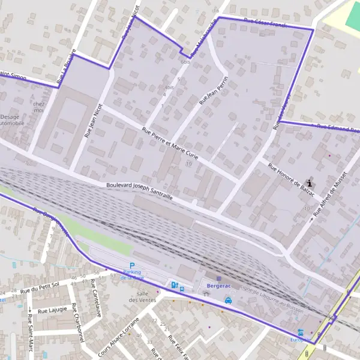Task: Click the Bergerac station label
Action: pos(218,286)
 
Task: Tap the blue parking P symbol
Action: pos(132,266)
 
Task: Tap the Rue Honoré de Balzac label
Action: pos(291,178)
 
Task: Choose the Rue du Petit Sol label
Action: pos(39,288)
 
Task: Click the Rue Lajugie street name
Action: pos(52,310)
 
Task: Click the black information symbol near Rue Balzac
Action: pos(310,182)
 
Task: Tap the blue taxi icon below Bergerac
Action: pos(228,301)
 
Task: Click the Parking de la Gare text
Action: pos(131,275)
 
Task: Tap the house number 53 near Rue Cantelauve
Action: pos(112,275)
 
